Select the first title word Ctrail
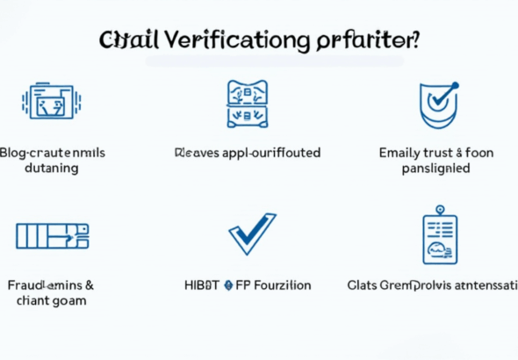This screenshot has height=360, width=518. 129,40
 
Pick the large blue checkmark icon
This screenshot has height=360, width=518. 252,234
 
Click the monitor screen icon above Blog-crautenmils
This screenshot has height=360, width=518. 52,101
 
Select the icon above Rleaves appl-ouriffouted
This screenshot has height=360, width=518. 247,103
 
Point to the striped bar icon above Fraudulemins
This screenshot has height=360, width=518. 52,235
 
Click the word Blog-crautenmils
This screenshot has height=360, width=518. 53,153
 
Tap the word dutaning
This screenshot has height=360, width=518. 52,168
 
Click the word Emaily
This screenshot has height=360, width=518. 400,153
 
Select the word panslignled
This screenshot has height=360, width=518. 435,168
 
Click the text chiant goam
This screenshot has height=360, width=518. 52,301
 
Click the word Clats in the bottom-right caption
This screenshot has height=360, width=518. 363,285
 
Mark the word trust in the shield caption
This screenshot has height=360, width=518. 442,153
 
